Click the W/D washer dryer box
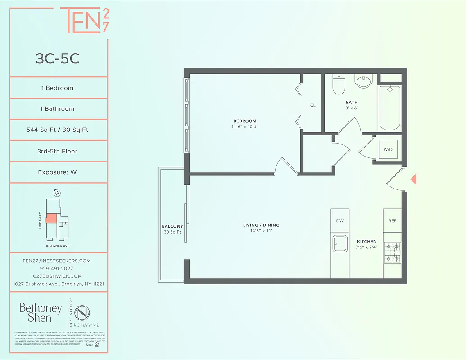click(387, 150)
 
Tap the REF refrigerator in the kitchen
click(392, 221)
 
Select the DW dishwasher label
click(340, 221)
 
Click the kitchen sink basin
click(339, 244)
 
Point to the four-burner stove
click(392, 252)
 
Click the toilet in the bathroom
click(339, 84)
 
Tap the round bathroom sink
click(363, 81)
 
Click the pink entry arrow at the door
click(413, 180)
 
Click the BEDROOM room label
click(244, 121)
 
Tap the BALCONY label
click(172, 226)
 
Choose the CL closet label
click(312, 105)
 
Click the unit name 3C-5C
click(58, 59)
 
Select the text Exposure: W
click(58, 172)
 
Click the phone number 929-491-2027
click(57, 268)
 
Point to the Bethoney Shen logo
click(40, 312)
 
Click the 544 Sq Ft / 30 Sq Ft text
click(58, 130)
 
